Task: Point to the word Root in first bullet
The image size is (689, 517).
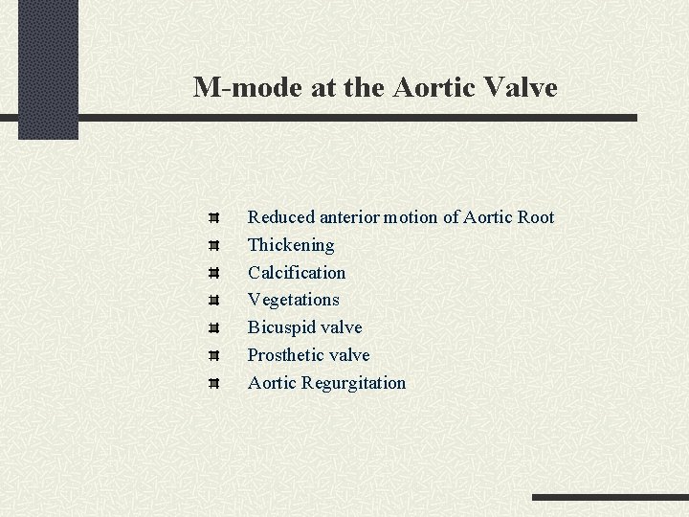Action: point(535,217)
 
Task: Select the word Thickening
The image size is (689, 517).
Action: point(291,245)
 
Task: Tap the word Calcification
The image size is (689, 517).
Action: point(297,273)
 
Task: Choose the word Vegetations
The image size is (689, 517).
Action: point(293,300)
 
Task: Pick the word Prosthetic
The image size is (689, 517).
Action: point(286,355)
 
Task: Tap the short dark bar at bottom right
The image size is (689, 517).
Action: point(610,498)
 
